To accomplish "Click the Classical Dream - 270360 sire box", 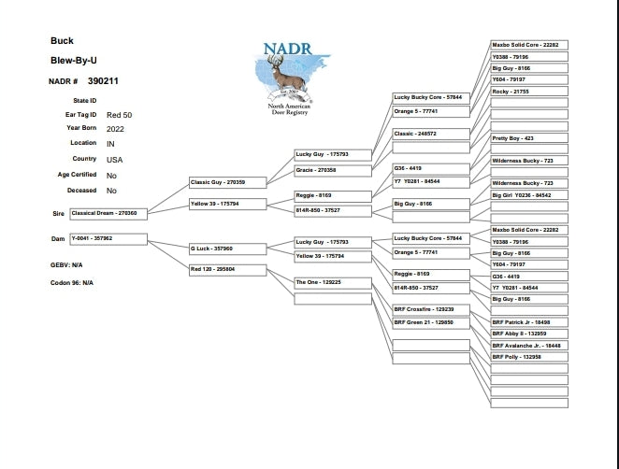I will (108, 214).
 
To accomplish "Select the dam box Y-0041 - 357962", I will (108, 239).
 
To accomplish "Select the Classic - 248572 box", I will (431, 134).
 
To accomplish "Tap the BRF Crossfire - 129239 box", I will (431, 309).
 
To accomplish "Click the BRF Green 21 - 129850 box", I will (431, 322).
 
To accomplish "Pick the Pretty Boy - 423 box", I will (529, 138).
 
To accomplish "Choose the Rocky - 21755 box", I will (529, 92).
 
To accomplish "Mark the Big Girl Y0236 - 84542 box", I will (529, 195).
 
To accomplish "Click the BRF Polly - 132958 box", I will (529, 357).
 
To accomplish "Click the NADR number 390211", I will (103, 81).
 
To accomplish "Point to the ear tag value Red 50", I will (120, 115).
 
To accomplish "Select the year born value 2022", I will (116, 129).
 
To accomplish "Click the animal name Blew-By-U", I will (74, 61).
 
